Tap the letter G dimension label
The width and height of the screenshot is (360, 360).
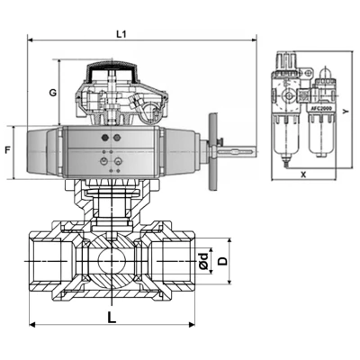(53, 93)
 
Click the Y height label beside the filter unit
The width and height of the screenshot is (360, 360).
(347, 112)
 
